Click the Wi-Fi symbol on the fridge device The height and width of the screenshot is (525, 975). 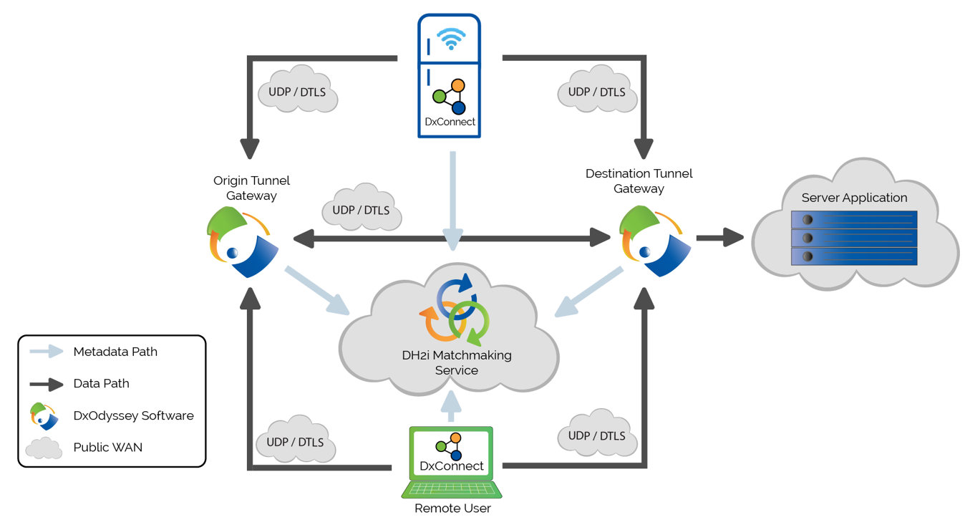click(x=451, y=39)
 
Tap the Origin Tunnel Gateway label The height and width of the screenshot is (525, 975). click(x=251, y=188)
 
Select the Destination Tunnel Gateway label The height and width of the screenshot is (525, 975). click(x=639, y=181)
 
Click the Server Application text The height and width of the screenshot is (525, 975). click(x=854, y=198)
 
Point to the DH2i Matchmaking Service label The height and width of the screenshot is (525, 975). click(x=457, y=362)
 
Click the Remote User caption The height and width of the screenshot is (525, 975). click(x=452, y=509)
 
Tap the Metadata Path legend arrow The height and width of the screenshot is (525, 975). click(x=47, y=352)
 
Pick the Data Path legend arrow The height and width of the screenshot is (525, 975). click(x=47, y=384)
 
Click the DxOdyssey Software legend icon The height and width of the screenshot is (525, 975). click(x=44, y=416)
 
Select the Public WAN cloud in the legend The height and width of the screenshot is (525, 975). click(x=44, y=448)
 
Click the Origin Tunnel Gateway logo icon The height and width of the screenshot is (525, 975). click(x=242, y=242)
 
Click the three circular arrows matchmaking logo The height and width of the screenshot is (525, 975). click(x=455, y=309)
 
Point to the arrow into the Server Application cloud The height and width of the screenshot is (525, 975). click(x=719, y=238)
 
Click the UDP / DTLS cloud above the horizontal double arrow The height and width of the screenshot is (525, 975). click(x=362, y=209)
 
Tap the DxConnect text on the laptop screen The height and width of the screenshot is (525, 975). click(x=451, y=466)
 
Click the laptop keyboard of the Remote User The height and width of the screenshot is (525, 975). click(x=452, y=489)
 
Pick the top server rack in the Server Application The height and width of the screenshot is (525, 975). click(x=854, y=219)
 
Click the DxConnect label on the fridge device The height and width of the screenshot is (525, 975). click(x=450, y=122)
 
